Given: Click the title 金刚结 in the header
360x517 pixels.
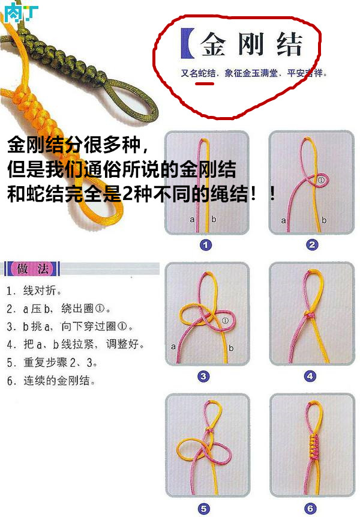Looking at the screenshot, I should (252, 44).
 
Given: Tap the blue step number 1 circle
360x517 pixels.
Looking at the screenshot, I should (206, 245).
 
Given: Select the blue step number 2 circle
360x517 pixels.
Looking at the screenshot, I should (312, 245).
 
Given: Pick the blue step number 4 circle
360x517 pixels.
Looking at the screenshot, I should (310, 376).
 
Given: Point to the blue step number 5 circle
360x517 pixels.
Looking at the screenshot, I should (204, 509).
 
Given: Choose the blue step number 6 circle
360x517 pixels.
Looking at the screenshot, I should (310, 509).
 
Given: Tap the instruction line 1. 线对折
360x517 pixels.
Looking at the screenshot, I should (34, 291).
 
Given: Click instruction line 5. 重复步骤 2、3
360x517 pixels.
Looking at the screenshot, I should (52, 363).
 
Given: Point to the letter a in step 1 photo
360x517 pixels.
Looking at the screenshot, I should (193, 220).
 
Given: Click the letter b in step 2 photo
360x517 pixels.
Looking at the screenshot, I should (324, 220).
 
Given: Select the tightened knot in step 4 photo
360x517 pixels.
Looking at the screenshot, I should (310, 315).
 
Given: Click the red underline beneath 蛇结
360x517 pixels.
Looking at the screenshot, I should (205, 83).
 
